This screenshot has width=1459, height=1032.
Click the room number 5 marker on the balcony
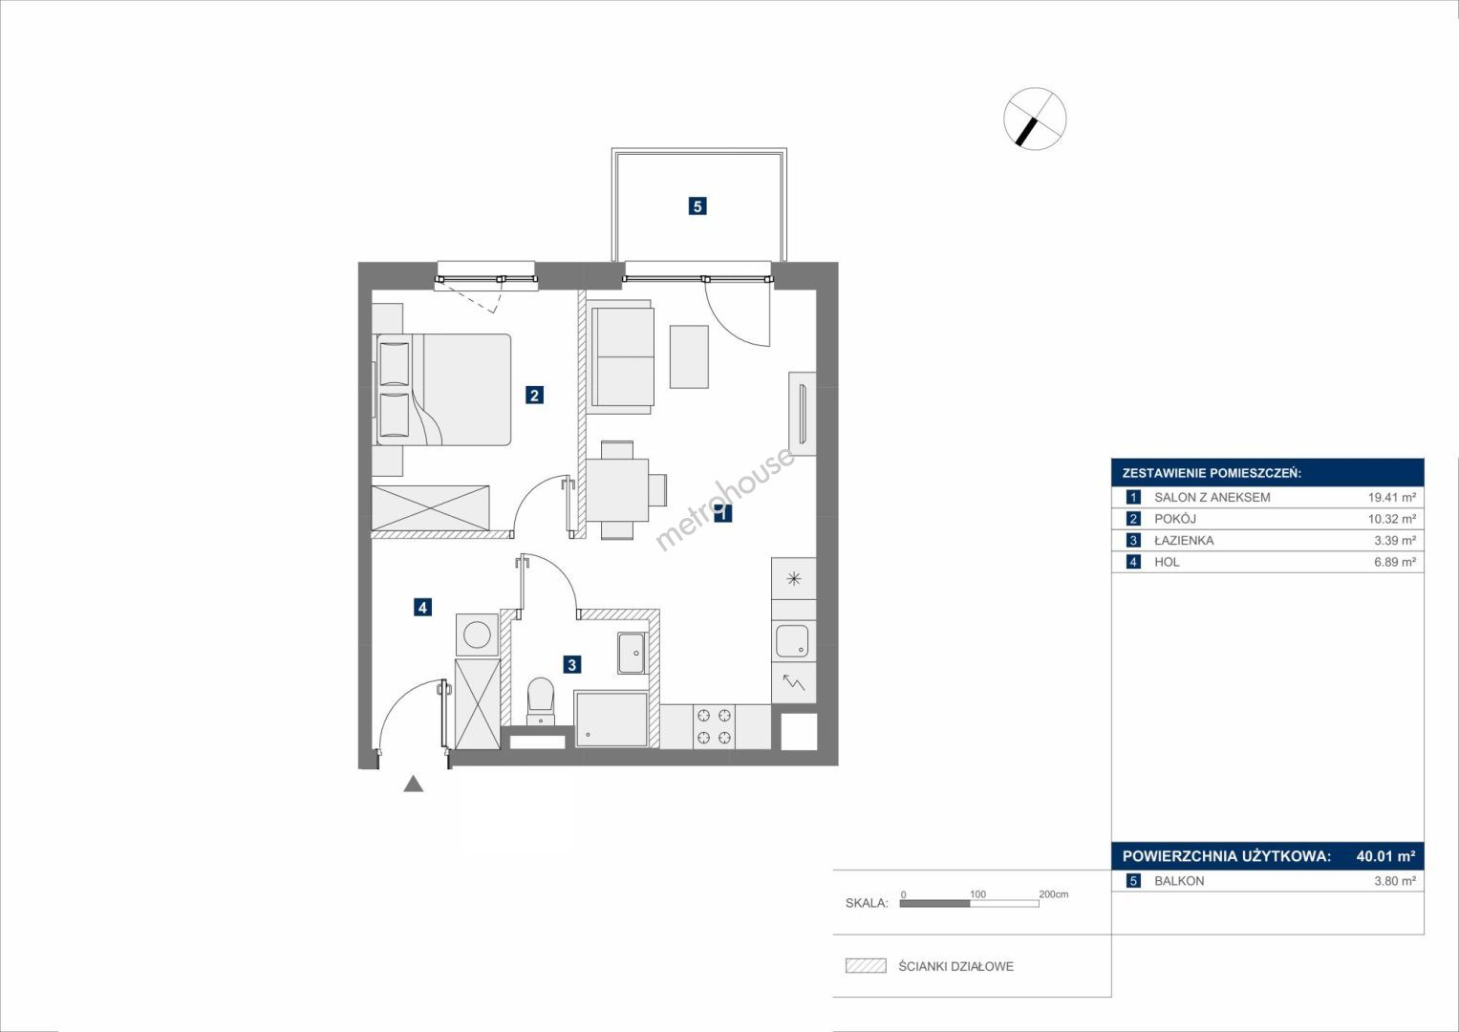[x=697, y=206]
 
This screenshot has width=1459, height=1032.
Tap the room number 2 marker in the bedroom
[x=534, y=395]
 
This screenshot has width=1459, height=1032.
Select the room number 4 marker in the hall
[x=422, y=607]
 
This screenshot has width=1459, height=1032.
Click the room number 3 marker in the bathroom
[x=572, y=664]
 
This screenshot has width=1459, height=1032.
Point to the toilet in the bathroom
[x=540, y=700]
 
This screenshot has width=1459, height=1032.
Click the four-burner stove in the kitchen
[x=714, y=726]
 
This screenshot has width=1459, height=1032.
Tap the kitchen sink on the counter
[x=792, y=640]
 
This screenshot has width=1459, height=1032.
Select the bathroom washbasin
[x=632, y=652]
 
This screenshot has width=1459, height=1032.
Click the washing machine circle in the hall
[x=479, y=634]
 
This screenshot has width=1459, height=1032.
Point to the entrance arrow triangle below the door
[x=413, y=784]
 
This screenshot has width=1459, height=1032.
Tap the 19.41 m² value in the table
[x=1392, y=497]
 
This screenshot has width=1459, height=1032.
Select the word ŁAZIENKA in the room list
[x=1184, y=540]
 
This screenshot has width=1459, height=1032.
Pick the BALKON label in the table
[x=1179, y=881]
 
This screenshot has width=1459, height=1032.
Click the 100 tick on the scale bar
[x=977, y=894]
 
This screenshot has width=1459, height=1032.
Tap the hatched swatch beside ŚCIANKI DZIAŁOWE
[x=866, y=966]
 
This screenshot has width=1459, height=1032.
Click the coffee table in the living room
[x=689, y=357]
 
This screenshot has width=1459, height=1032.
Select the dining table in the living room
[x=617, y=490]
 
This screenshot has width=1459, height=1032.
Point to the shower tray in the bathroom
[x=611, y=720]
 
